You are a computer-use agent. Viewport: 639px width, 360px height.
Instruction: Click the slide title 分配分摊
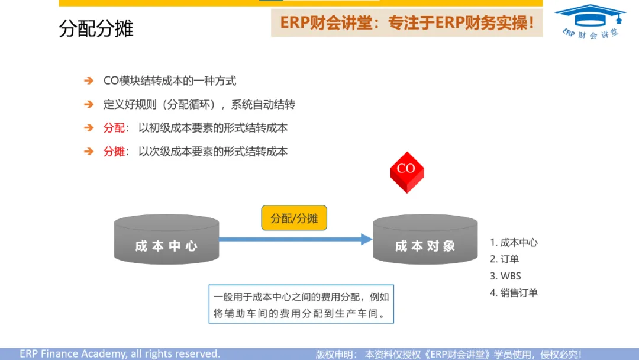coord(96,28)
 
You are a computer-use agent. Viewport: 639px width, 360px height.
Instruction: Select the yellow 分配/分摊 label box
coord(294,218)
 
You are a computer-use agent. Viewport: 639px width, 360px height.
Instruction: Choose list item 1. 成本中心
coord(514,242)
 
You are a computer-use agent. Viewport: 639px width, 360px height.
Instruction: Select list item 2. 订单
coord(505,259)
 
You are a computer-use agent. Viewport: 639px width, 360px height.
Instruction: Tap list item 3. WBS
coord(505,276)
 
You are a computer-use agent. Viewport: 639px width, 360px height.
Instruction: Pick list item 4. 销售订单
coord(514,292)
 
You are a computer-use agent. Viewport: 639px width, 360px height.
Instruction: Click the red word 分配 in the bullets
coord(114,128)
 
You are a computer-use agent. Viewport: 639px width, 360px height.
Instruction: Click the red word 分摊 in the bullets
coord(114,152)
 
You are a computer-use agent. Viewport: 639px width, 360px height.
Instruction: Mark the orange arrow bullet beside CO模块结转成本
coord(89,81)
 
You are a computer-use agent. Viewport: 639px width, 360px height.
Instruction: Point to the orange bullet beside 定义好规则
coord(89,105)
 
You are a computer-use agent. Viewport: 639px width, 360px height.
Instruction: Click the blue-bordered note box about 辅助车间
coord(302,305)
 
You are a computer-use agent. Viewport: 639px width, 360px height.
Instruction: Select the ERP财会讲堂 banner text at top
coord(407,23)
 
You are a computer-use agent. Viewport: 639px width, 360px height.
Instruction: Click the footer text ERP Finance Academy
coord(120,353)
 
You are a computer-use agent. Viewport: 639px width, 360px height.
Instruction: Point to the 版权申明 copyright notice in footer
coord(448,354)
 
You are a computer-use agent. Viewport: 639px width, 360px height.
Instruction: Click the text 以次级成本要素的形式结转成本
coord(213,152)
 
